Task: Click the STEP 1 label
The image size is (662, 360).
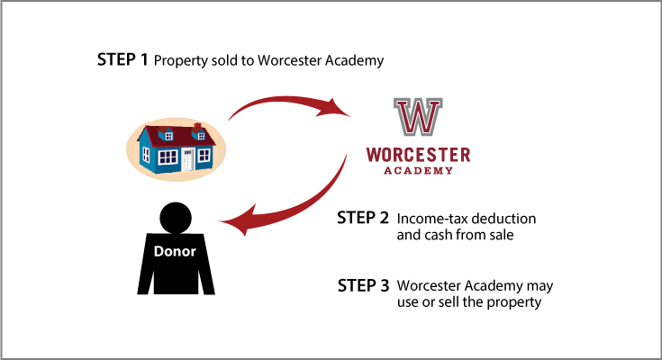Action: pyautogui.click(x=122, y=59)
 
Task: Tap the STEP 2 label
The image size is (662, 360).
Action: pyautogui.click(x=363, y=218)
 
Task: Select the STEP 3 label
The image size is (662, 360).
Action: pyautogui.click(x=363, y=285)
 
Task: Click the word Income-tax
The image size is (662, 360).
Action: pyautogui.click(x=432, y=219)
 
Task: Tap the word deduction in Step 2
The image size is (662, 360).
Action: pyautogui.click(x=503, y=219)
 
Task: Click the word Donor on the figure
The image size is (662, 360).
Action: pyautogui.click(x=175, y=251)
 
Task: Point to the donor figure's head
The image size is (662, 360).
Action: pyautogui.click(x=176, y=218)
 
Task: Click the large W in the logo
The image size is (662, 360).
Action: pyautogui.click(x=418, y=116)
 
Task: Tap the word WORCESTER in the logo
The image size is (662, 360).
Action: pyautogui.click(x=418, y=155)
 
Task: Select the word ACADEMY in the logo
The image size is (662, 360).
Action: pyautogui.click(x=418, y=170)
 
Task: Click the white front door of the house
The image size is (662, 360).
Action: pyautogui.click(x=188, y=159)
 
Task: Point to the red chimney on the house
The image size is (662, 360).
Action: pyautogui.click(x=197, y=127)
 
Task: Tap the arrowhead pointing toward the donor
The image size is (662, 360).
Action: pyautogui.click(x=237, y=220)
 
